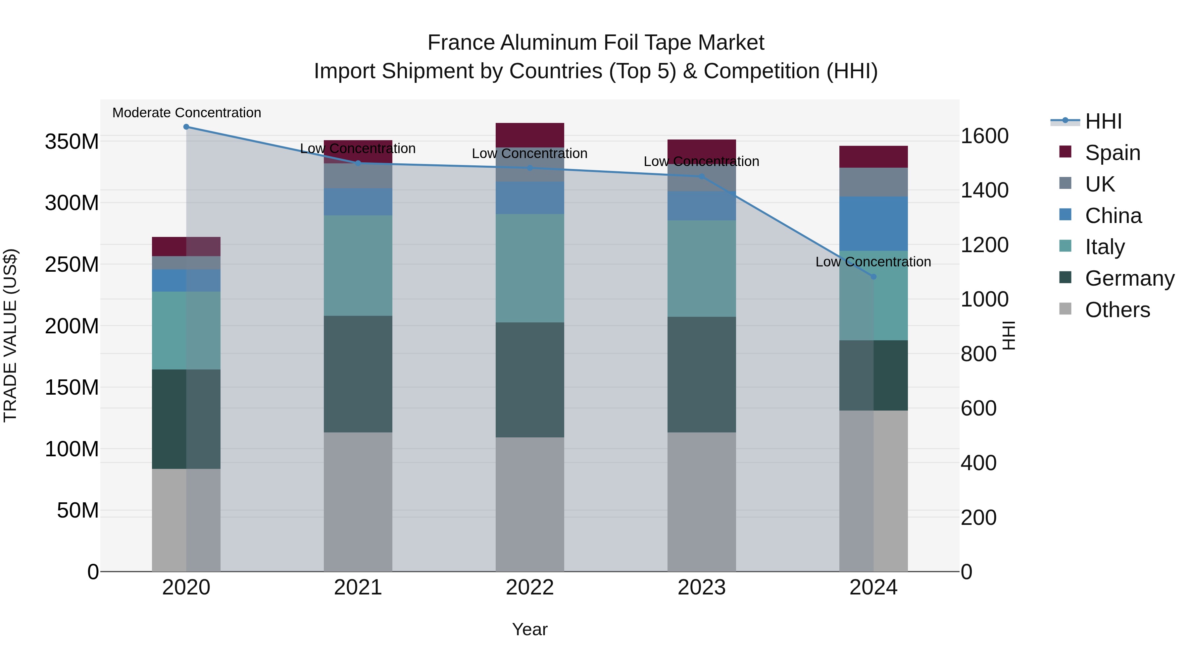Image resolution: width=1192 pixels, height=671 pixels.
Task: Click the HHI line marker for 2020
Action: click(x=186, y=127)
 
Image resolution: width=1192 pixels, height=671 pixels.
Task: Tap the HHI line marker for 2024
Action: click(x=873, y=276)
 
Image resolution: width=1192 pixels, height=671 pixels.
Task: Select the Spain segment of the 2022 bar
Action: click(x=529, y=135)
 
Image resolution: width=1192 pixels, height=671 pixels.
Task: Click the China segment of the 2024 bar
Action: click(x=873, y=223)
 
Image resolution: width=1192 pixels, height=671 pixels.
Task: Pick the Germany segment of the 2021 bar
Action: click(x=358, y=374)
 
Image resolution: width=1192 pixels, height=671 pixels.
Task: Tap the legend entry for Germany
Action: click(x=1129, y=278)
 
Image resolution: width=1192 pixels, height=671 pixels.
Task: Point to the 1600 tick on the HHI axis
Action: click(x=984, y=136)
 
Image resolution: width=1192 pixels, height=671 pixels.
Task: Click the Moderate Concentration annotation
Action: click(x=186, y=113)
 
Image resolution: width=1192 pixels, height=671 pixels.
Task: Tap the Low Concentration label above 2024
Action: click(x=873, y=262)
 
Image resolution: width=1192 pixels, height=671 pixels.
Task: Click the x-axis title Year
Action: click(x=529, y=629)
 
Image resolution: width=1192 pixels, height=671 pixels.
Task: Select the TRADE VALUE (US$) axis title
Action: click(x=10, y=335)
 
